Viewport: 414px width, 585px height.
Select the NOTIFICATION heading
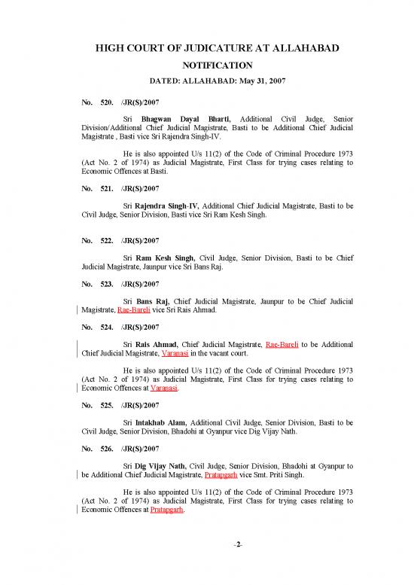click(206, 66)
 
